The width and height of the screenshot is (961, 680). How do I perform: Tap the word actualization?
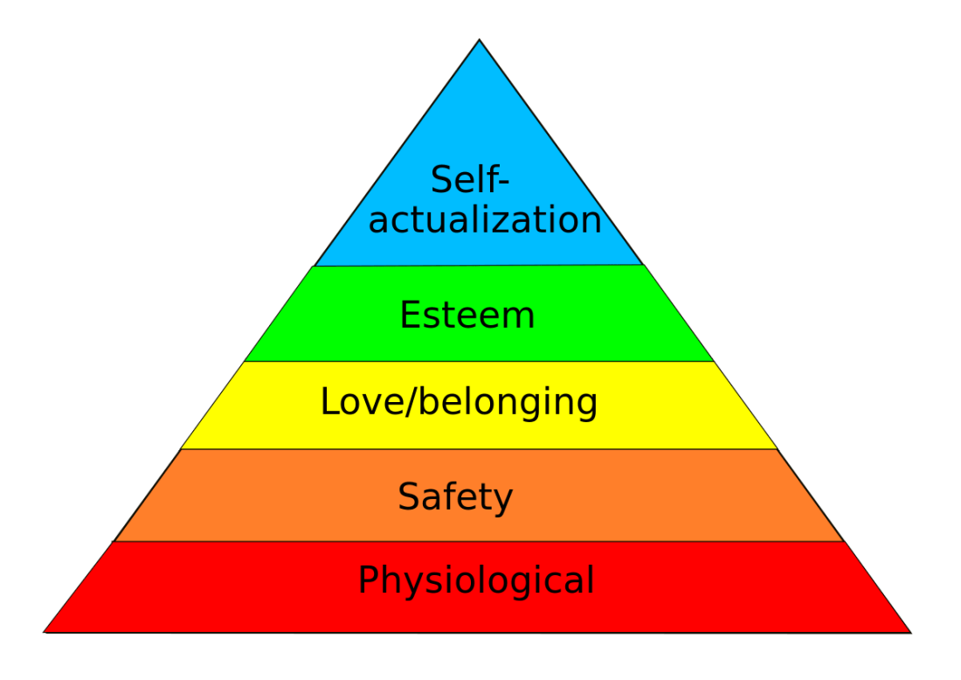coord(485,220)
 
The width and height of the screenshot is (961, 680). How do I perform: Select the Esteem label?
coord(467,316)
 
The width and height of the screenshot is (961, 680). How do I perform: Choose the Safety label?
coord(455,497)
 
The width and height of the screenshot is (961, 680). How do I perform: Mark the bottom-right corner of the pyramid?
coord(911,631)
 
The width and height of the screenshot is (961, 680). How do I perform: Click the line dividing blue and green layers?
coord(479,265)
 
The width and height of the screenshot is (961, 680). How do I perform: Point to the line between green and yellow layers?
coord(479,361)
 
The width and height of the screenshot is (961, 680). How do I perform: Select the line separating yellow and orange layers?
coord(479,449)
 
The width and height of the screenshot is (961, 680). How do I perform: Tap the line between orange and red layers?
coord(479,542)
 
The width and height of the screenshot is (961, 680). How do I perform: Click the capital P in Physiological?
coord(369,580)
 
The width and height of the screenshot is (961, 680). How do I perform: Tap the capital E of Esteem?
coord(410,316)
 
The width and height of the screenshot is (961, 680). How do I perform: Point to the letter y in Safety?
coord(503,500)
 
